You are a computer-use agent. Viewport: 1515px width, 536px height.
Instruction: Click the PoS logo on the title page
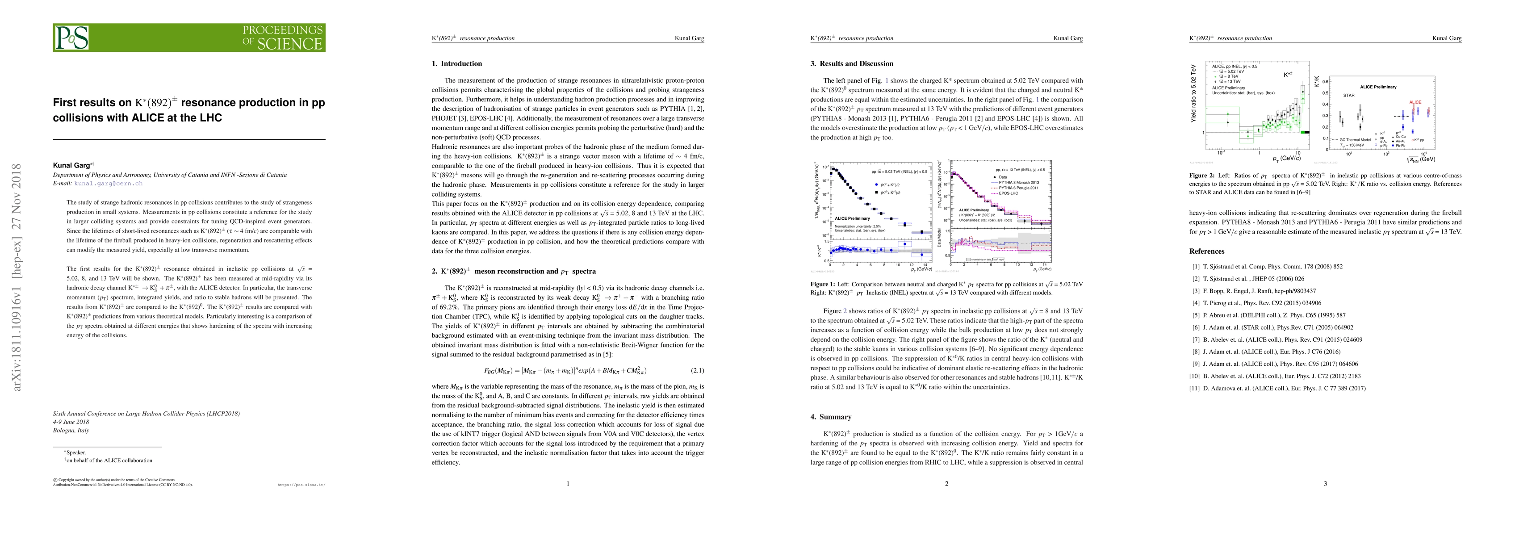point(72,38)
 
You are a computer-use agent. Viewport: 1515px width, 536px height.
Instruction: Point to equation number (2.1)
point(696,371)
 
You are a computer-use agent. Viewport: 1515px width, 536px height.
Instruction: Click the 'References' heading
point(1207,251)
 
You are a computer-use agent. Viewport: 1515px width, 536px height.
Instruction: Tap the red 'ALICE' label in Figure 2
point(1415,102)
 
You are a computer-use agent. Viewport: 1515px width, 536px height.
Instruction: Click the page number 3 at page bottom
point(1325,484)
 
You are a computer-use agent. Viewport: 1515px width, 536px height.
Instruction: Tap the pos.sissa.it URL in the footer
point(301,486)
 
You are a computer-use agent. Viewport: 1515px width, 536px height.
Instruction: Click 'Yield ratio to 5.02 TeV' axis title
point(1194,92)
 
